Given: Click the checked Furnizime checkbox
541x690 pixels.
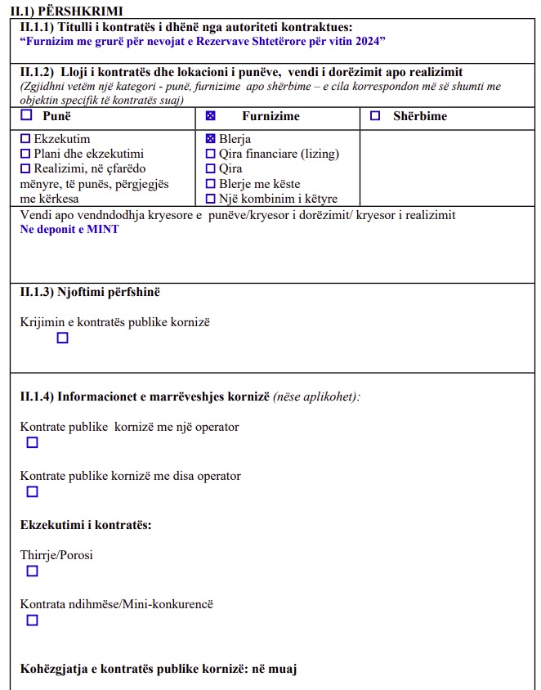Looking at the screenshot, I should pyautogui.click(x=210, y=116).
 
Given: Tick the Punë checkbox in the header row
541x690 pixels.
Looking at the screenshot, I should pyautogui.click(x=26, y=115).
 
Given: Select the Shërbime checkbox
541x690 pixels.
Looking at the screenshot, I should pyautogui.click(x=375, y=116).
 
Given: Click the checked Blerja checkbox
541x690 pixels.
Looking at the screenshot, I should pyautogui.click(x=211, y=139).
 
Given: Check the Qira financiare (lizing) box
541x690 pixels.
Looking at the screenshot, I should pyautogui.click(x=211, y=154).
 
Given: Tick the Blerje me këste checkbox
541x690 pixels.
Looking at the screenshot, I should pyautogui.click(x=211, y=184).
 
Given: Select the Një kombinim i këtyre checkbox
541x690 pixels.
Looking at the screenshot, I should pyautogui.click(x=211, y=199).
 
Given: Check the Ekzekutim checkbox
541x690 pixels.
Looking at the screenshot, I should pyautogui.click(x=25, y=139).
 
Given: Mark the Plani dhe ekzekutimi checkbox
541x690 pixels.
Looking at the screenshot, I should pyautogui.click(x=25, y=154).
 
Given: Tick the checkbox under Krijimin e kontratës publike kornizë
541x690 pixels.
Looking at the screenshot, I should pyautogui.click(x=63, y=338).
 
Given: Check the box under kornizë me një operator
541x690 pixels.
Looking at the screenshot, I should pyautogui.click(x=33, y=442).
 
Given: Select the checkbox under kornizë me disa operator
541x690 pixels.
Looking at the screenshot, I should pyautogui.click(x=33, y=491).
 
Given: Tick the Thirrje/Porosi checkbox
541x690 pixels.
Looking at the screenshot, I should pyautogui.click(x=33, y=571).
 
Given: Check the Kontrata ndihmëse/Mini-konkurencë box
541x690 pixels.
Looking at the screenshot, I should pyautogui.click(x=33, y=620).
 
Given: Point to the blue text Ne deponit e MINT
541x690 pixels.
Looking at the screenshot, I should pyautogui.click(x=69, y=230).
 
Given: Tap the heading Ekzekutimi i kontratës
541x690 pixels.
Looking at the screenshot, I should pyautogui.click(x=85, y=524).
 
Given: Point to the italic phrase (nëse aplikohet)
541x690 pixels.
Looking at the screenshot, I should pyautogui.click(x=316, y=397).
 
